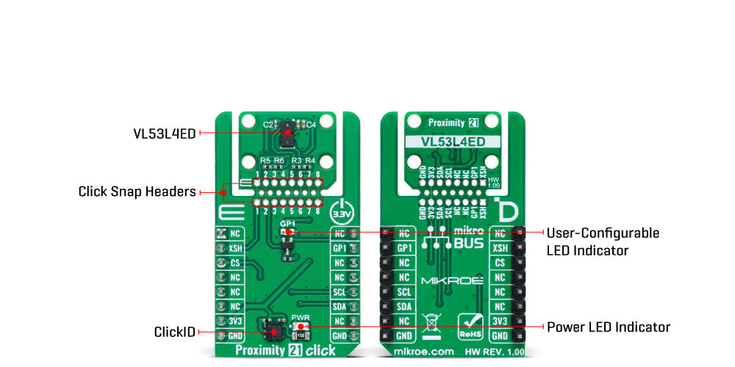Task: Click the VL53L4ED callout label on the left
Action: pos(165,133)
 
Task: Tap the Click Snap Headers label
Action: pos(137,192)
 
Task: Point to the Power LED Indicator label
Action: pos(609,327)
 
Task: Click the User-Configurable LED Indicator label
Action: pos(603,241)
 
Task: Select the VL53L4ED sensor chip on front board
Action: pos(287,133)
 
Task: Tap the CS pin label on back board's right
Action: pos(500,263)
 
